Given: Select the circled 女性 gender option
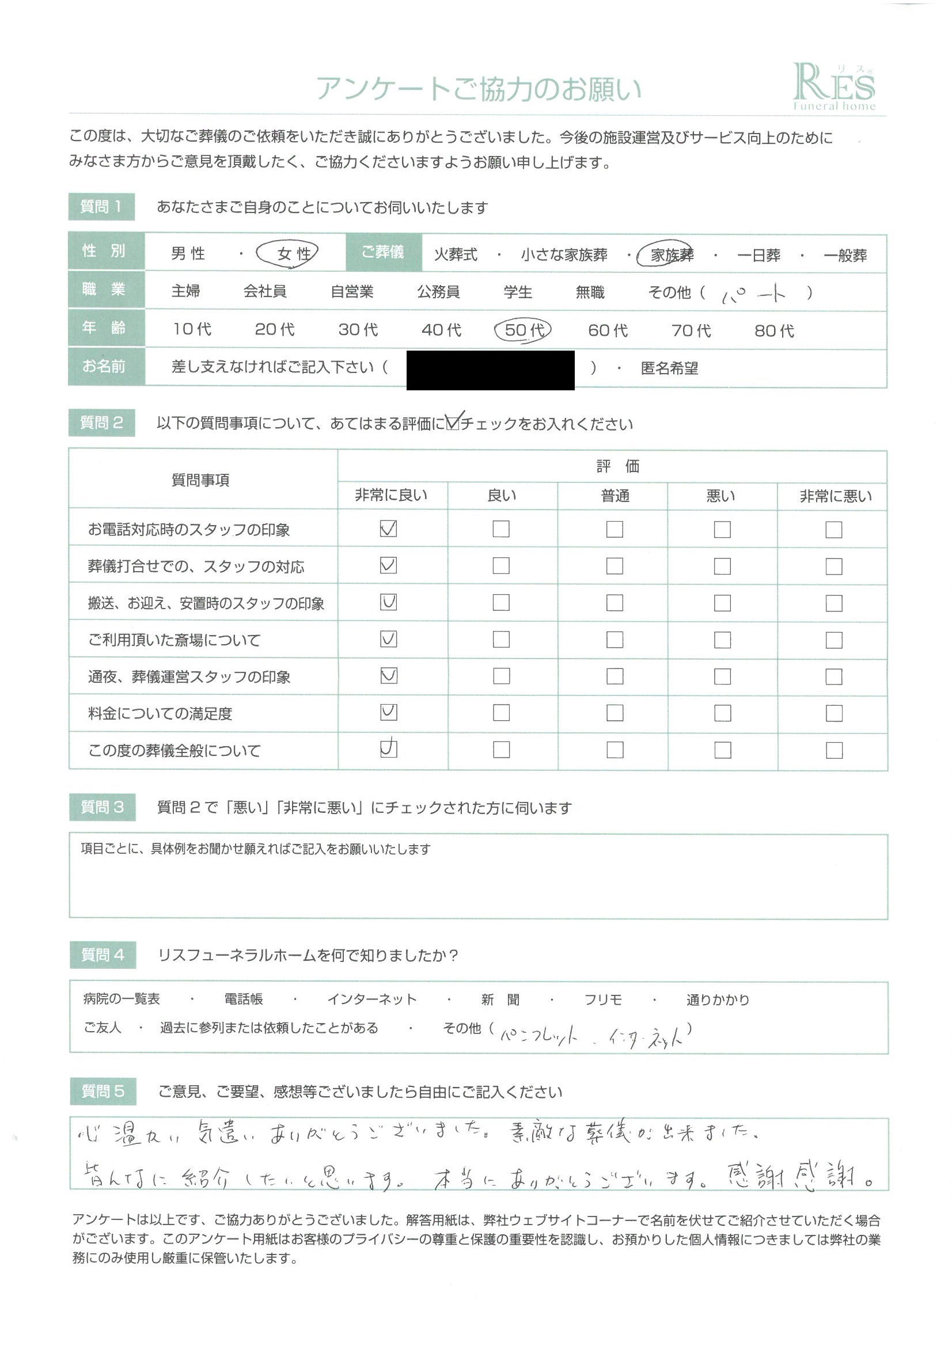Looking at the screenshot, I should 287,254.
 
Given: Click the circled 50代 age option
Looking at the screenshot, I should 523,330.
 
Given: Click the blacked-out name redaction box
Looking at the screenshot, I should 490,370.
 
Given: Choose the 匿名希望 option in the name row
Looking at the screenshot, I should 669,368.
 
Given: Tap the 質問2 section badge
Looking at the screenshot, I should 101,423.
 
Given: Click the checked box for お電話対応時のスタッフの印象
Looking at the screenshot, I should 388,528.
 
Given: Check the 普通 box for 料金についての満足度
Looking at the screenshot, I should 614,713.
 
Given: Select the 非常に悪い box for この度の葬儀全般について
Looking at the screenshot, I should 833,750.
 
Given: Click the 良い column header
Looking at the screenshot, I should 502,495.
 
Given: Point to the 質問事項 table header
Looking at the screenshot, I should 200,480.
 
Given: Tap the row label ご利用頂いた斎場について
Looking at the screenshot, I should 174,640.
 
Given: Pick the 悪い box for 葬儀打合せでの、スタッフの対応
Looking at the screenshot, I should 722,566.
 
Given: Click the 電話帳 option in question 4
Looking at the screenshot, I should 244,999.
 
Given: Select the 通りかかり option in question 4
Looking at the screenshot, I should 718,999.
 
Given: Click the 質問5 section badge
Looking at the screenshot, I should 103,1091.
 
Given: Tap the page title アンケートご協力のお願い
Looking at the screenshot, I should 478,89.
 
